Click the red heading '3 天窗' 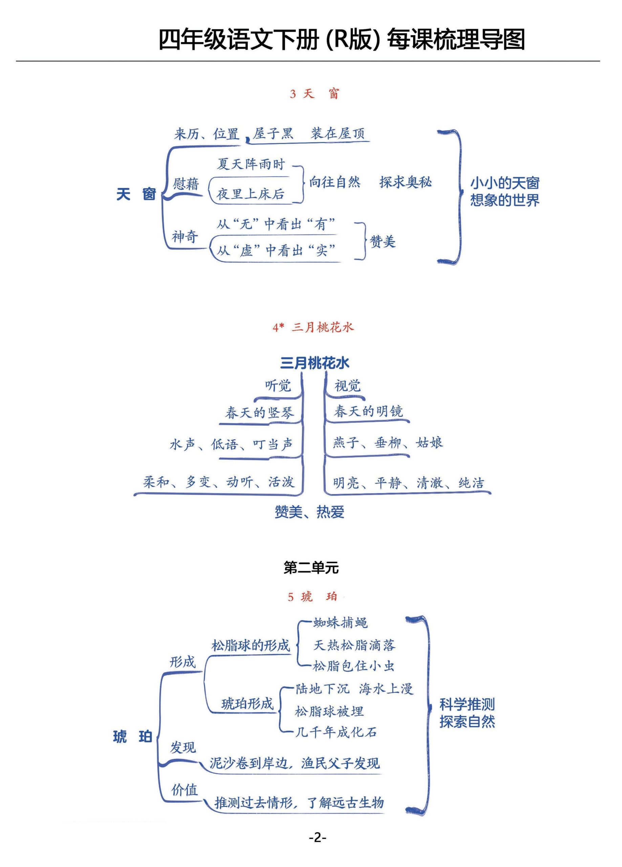pyautogui.click(x=314, y=93)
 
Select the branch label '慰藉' pyautogui.click(x=186, y=184)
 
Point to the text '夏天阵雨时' pyautogui.click(x=251, y=164)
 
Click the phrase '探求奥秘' pyautogui.click(x=405, y=182)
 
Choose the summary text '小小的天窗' pyautogui.click(x=505, y=183)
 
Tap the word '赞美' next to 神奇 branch pyautogui.click(x=382, y=241)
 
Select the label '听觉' pyautogui.click(x=278, y=385)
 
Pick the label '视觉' pyautogui.click(x=347, y=385)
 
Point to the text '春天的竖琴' pyautogui.click(x=260, y=413)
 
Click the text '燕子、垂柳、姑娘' pyautogui.click(x=388, y=443)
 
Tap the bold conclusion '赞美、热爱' pyautogui.click(x=309, y=512)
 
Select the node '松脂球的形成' pyautogui.click(x=251, y=646)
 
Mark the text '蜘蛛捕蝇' pyautogui.click(x=340, y=623)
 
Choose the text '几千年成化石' pyautogui.click(x=336, y=732)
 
